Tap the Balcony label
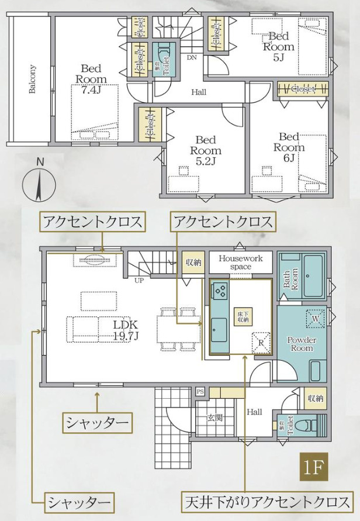pos(32,79)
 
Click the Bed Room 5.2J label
pos(205,150)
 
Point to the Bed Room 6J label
pos(289,147)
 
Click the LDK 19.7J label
pos(125,329)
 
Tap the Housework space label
pos(240,262)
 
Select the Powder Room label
pos(302,344)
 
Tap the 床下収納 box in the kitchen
pos(243,316)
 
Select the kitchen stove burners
pos(220,289)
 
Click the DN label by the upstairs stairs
pos(192,57)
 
